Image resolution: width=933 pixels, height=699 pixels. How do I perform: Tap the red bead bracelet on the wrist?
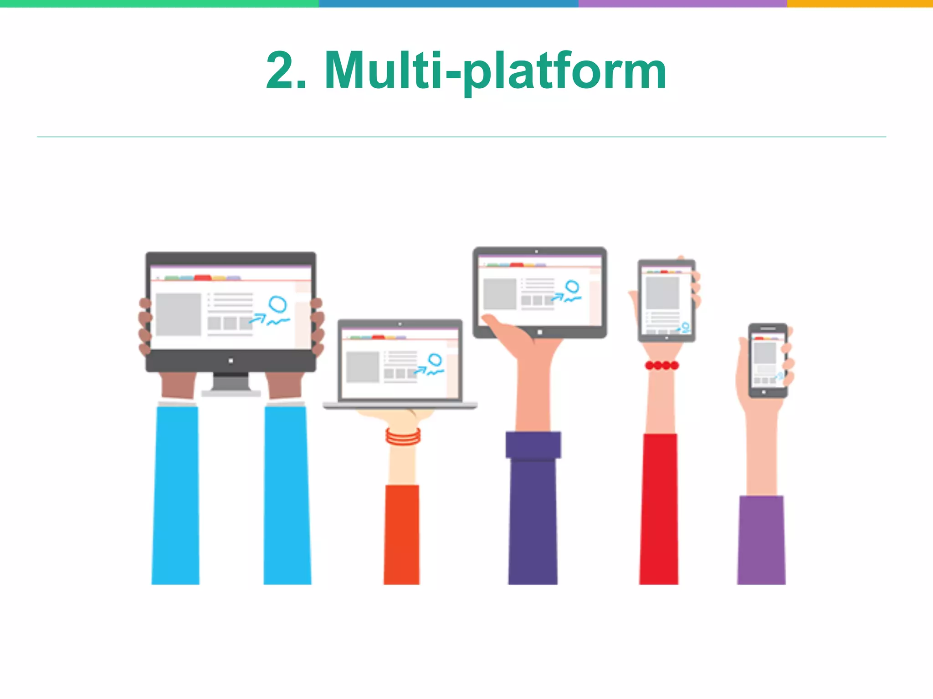(661, 365)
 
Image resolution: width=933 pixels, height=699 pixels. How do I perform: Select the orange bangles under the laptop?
(403, 436)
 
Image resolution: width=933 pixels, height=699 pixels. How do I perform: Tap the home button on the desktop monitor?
(231, 361)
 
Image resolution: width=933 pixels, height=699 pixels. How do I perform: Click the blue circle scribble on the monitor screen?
(277, 304)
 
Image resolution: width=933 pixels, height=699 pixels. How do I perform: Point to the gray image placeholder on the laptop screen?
(363, 367)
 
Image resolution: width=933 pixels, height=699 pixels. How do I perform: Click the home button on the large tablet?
(540, 332)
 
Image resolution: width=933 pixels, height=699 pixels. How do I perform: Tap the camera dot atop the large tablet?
(536, 251)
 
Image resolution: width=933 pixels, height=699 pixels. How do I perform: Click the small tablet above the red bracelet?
(666, 300)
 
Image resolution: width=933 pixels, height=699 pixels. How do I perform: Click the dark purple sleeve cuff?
(533, 445)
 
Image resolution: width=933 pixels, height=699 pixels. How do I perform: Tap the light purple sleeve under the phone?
(761, 540)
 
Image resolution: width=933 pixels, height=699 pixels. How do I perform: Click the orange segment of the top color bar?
(859, 3)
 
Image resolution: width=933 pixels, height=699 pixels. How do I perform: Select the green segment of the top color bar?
(159, 3)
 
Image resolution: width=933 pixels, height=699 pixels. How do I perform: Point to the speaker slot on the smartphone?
(768, 329)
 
